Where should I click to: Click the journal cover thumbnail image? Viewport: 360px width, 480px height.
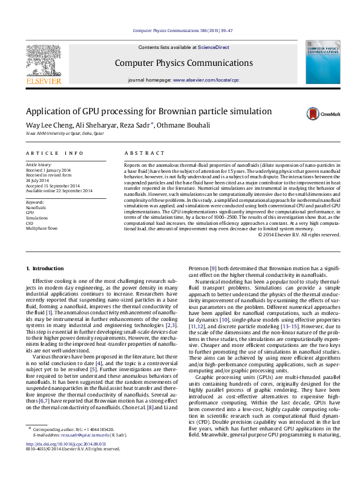322,63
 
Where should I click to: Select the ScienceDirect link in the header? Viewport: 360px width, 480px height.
214,47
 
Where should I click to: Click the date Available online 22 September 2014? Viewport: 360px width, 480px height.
59,191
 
